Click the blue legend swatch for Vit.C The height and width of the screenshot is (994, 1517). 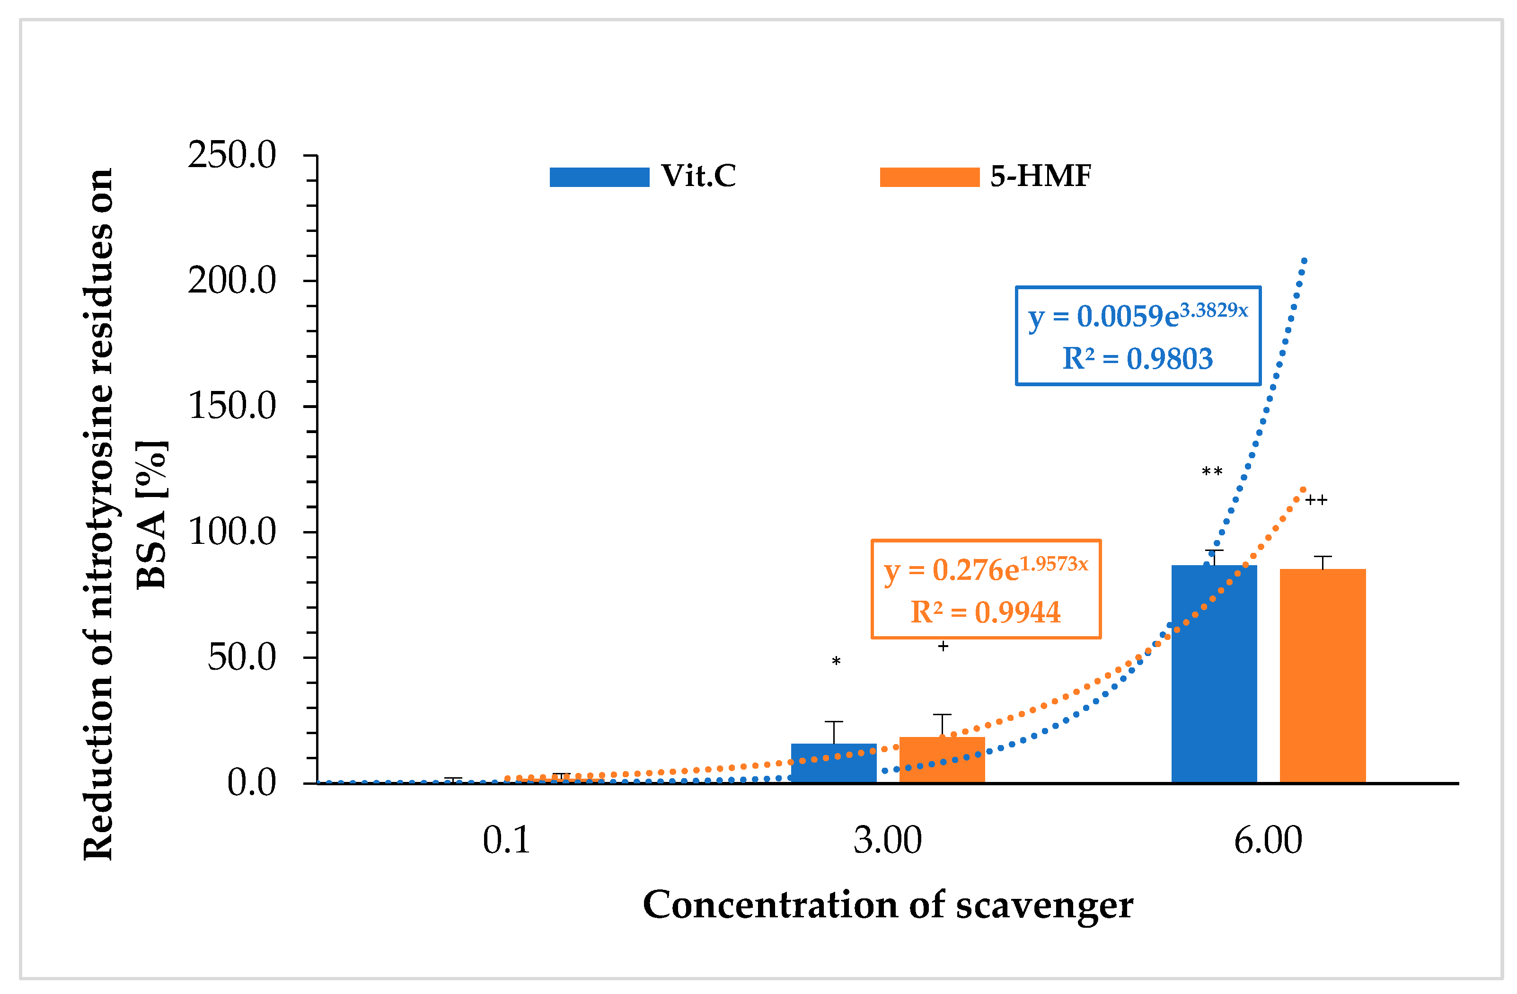[599, 177]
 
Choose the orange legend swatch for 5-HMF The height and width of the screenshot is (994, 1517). [929, 177]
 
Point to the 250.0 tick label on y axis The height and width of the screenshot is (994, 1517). [232, 155]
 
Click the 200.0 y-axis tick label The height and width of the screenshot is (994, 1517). [232, 281]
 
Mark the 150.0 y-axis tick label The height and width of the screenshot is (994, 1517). [232, 406]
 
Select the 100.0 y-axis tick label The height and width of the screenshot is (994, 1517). [232, 532]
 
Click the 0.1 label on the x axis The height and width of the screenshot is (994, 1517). [506, 840]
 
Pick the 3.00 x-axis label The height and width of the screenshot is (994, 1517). [887, 840]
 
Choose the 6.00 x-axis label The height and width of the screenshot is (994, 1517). [1268, 840]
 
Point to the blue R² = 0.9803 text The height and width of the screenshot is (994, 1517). [1137, 359]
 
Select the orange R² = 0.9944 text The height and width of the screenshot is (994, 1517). [986, 612]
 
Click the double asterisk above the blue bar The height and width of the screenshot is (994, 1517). [1212, 472]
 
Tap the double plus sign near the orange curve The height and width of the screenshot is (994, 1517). [1315, 500]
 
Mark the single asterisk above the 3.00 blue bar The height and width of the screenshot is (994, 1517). [836, 662]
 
